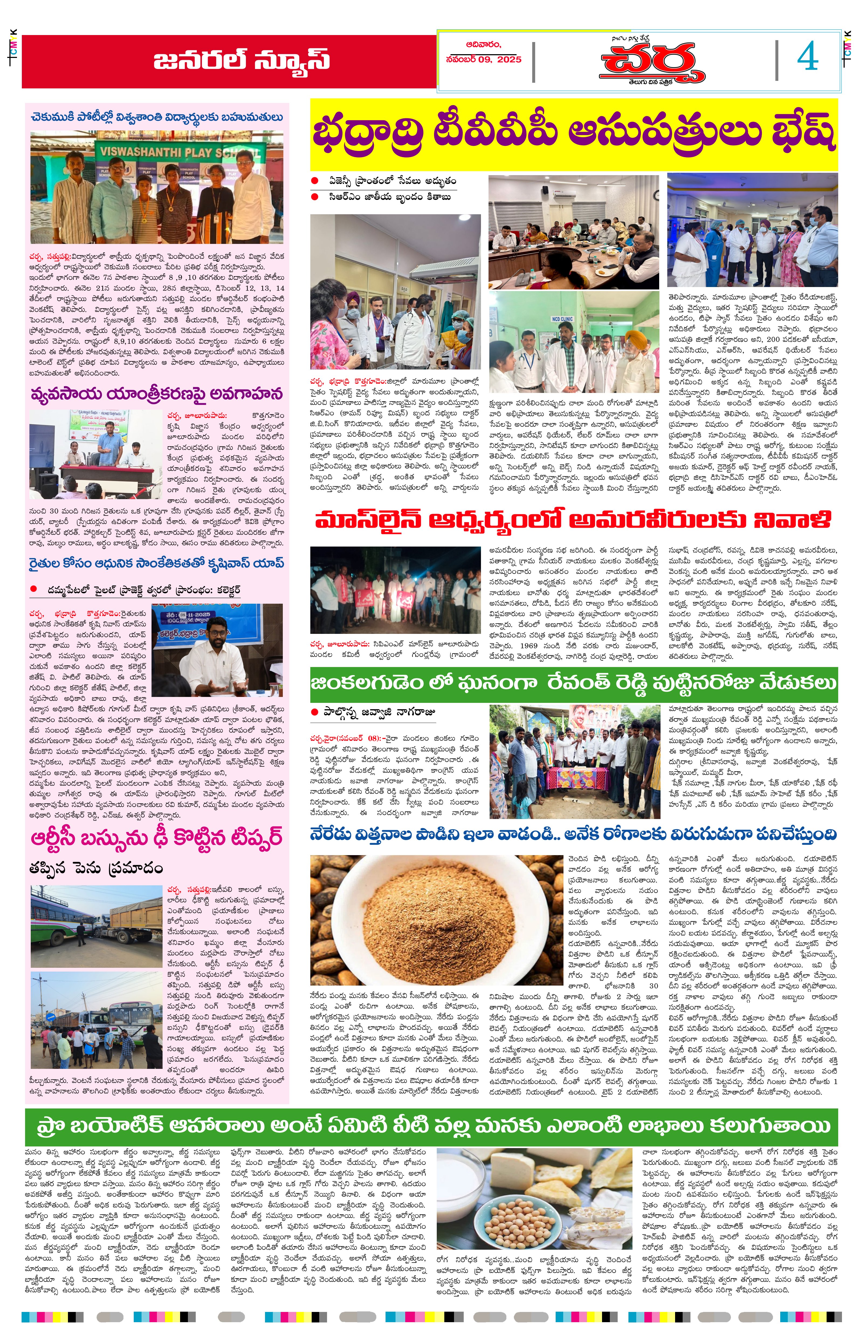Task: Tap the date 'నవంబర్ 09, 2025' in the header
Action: (484, 59)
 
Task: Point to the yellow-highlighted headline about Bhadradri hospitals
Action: (574, 134)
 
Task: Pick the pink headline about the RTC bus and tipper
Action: (156, 838)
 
